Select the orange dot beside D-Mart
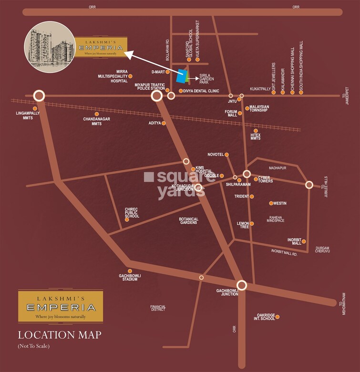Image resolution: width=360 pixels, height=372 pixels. click(x=167, y=72)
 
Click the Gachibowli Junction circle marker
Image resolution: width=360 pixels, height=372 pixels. click(x=242, y=285)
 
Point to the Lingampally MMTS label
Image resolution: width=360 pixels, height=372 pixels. click(x=28, y=115)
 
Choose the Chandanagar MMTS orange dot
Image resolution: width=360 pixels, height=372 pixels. click(x=97, y=114)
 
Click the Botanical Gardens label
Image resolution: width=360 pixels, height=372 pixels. click(x=188, y=221)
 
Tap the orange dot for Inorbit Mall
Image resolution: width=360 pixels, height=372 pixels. click(x=304, y=241)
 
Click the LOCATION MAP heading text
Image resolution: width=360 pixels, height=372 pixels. click(x=59, y=335)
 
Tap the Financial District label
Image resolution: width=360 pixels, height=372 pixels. click(x=157, y=308)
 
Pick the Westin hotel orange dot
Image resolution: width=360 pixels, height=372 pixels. click(x=271, y=203)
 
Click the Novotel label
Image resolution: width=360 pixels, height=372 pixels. click(x=215, y=155)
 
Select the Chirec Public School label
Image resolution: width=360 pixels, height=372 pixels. click(x=132, y=213)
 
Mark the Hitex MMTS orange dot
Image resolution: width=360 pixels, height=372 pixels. click(x=256, y=130)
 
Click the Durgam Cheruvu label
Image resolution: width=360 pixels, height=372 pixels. click(x=322, y=249)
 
